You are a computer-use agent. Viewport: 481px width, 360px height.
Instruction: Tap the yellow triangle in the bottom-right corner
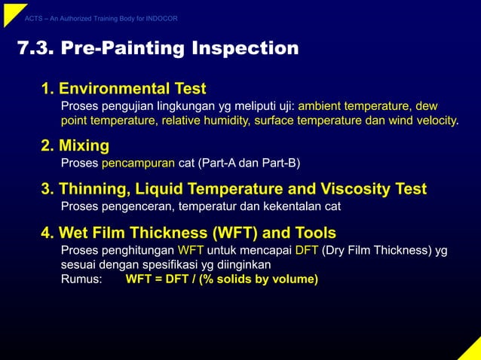click(x=471, y=350)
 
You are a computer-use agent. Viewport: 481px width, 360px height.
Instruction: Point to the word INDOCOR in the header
click(x=161, y=18)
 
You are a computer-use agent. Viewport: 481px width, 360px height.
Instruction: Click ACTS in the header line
click(x=33, y=18)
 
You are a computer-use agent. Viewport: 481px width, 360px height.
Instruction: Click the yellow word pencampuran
click(x=138, y=163)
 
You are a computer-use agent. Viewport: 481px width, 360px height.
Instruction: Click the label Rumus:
click(x=81, y=279)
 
